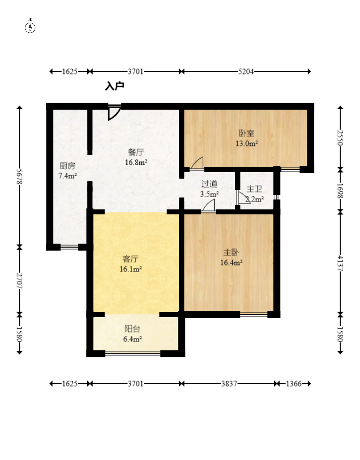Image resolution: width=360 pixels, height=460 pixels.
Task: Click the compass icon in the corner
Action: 30,28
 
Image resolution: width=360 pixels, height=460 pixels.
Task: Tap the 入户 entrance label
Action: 115,86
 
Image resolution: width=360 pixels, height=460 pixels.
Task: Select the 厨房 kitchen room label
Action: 67,166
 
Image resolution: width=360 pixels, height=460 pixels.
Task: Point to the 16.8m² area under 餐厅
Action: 136,162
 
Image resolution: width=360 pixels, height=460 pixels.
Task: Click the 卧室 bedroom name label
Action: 246,133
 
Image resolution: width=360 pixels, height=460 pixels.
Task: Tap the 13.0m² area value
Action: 246,143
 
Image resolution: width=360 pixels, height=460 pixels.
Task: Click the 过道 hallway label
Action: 209,184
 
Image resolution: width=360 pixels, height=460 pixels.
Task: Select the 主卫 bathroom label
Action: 254,189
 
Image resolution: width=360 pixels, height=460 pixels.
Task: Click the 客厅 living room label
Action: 130,259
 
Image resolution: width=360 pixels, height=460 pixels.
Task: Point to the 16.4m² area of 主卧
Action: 231,263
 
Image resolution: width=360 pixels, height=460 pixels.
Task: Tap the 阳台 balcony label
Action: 132,329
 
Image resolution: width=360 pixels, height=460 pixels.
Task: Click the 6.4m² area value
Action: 132,339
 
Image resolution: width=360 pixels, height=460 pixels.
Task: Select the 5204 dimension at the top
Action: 245,71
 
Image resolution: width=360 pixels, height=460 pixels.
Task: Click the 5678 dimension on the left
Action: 20,176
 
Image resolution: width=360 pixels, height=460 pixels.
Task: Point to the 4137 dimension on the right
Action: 340,263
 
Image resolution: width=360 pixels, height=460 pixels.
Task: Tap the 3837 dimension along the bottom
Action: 229,384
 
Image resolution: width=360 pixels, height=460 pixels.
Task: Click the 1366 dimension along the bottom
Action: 294,384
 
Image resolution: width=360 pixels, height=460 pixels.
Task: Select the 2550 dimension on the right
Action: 340,137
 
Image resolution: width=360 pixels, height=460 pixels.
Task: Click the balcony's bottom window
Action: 133,354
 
